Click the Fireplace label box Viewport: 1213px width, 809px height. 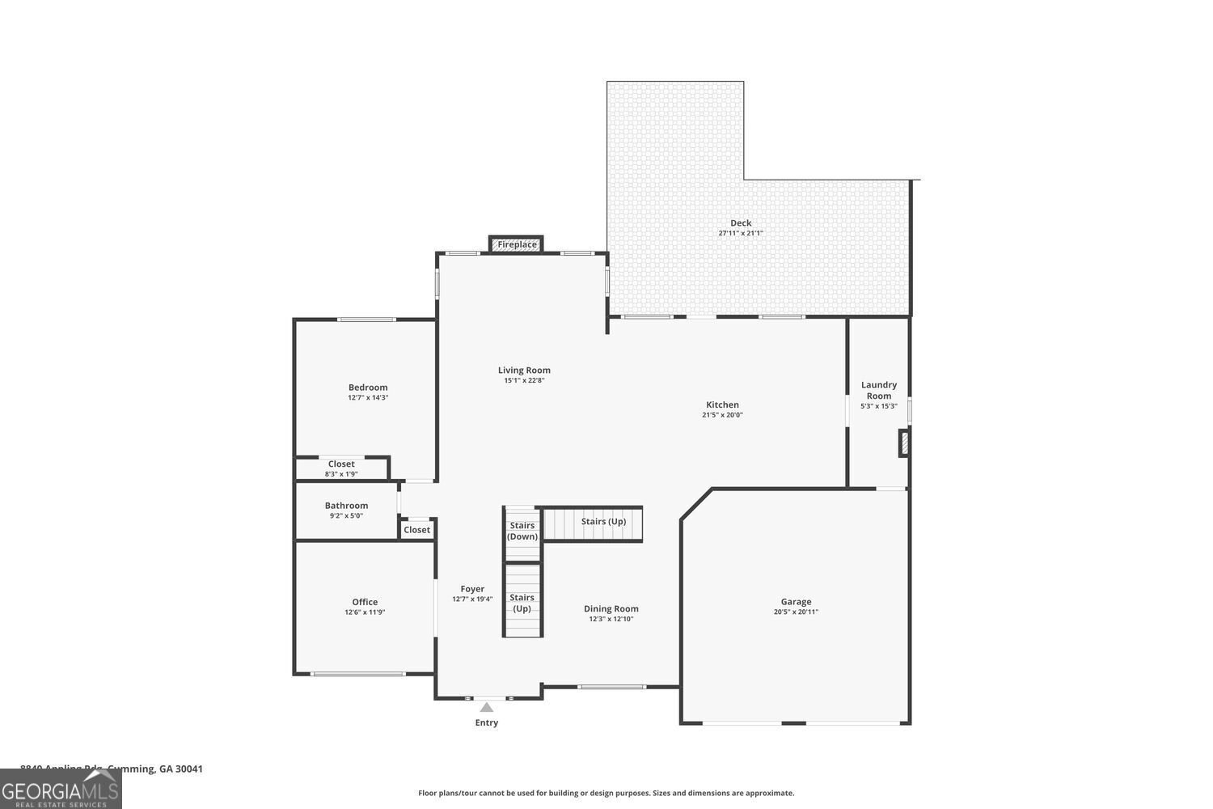tap(517, 244)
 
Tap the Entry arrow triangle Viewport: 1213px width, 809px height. tap(486, 707)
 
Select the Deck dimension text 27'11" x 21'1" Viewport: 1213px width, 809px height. tap(741, 233)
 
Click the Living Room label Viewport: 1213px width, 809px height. tap(524, 371)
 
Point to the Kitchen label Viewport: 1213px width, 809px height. tap(722, 404)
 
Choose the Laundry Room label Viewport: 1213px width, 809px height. tap(879, 390)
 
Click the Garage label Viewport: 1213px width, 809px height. tap(796, 602)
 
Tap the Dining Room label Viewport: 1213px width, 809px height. tap(611, 609)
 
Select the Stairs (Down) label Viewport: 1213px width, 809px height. tap(522, 532)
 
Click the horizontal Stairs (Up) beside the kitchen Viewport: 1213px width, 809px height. tap(603, 522)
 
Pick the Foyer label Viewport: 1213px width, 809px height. tap(472, 589)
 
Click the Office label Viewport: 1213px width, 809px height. tap(365, 602)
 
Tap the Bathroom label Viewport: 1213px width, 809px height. tap(346, 506)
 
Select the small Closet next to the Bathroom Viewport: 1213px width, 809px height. tap(417, 530)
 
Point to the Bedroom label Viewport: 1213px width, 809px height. tap(368, 388)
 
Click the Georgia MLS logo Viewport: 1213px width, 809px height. tap(61, 790)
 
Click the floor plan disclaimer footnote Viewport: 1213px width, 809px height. tap(606, 793)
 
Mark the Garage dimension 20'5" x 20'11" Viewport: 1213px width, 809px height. tap(796, 612)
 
